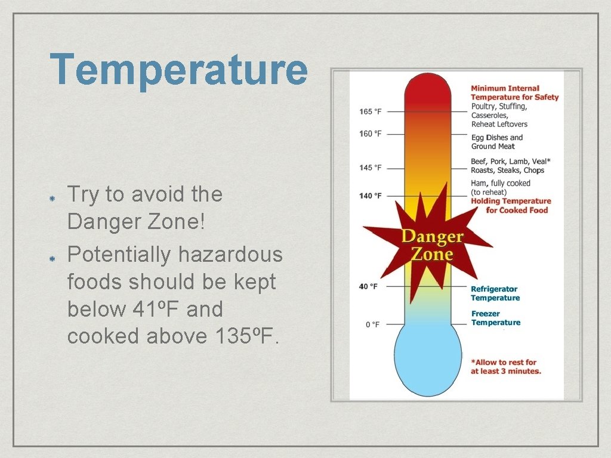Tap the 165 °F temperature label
[371, 112]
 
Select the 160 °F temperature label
[371, 134]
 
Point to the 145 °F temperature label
[371, 168]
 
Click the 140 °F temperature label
[371, 196]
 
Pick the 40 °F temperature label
[368, 286]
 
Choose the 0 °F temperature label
[372, 324]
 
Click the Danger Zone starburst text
[432, 245]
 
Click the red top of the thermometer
[427, 89]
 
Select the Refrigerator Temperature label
[495, 293]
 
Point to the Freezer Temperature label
[495, 318]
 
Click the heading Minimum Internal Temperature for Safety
[514, 92]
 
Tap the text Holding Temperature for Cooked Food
[511, 206]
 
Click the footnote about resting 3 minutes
[505, 366]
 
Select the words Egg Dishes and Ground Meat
[496, 142]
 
